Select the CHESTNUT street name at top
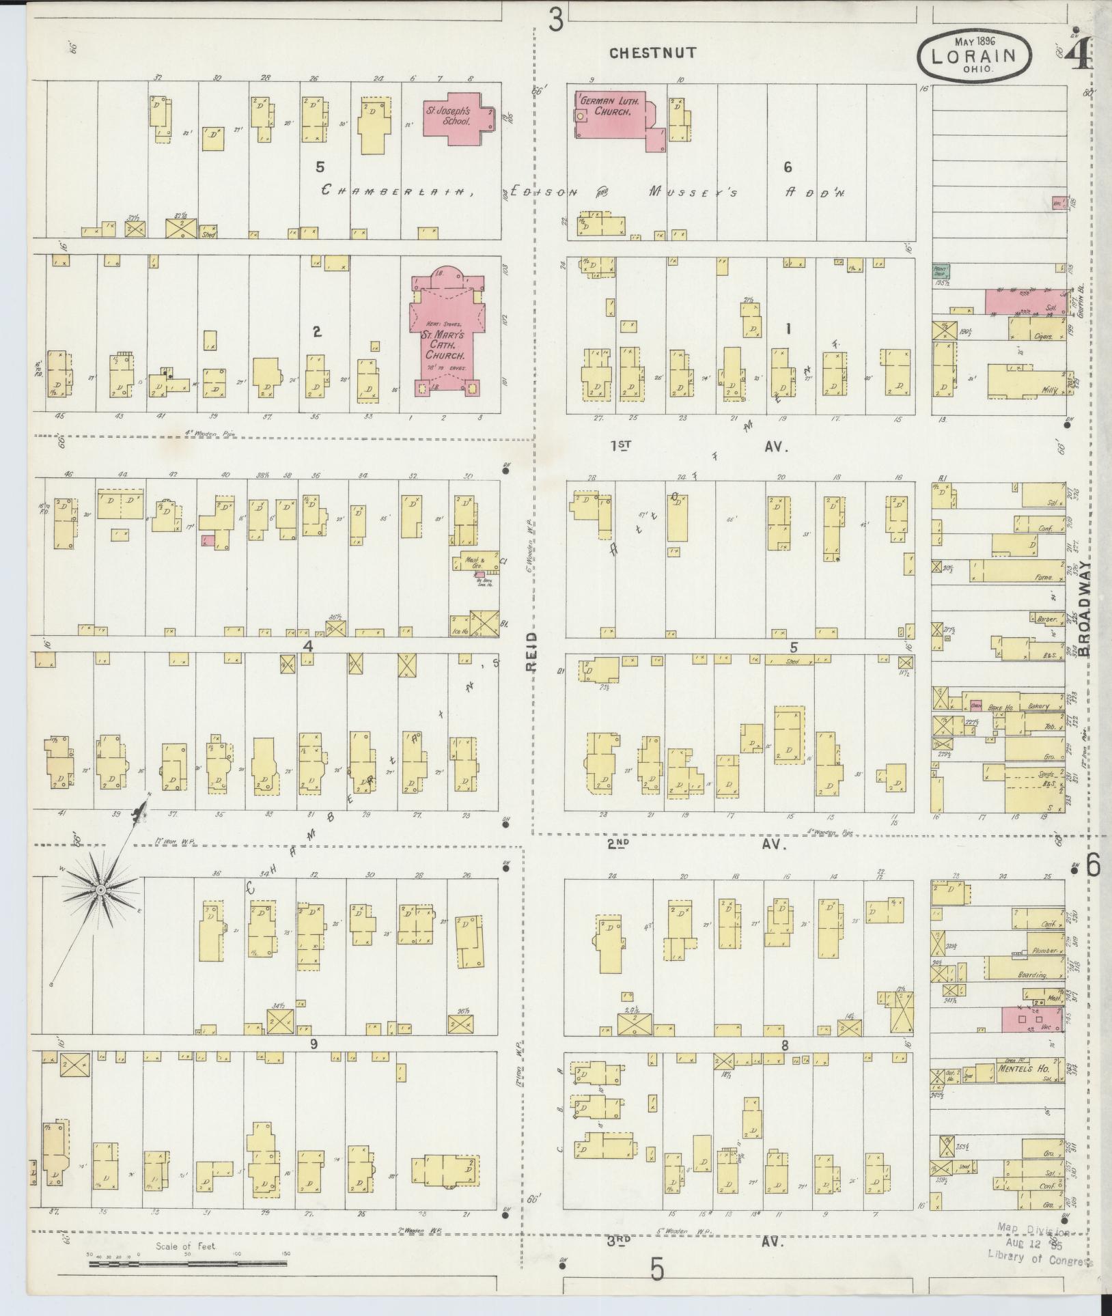tap(653, 53)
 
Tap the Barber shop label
tap(1046, 619)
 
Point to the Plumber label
tap(1044, 951)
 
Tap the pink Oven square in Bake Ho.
tap(976, 706)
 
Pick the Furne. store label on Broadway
tap(1043, 576)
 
